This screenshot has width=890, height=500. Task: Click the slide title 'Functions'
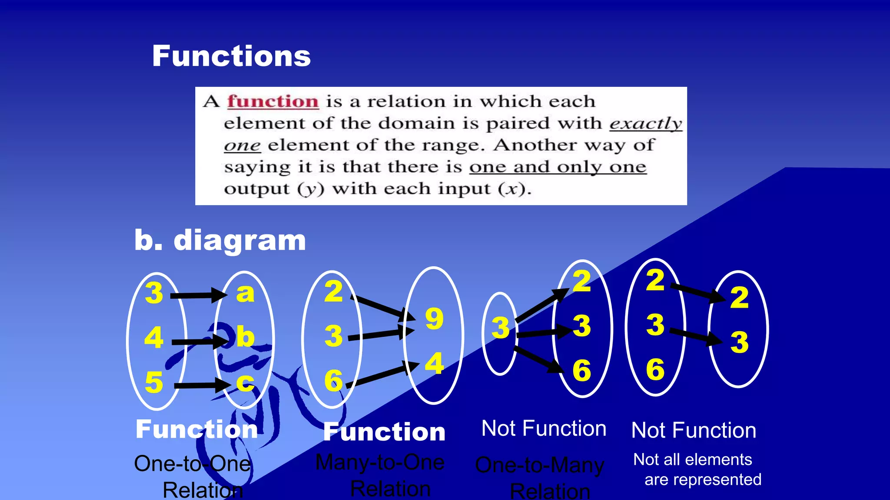point(231,56)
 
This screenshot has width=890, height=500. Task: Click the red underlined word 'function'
point(273,102)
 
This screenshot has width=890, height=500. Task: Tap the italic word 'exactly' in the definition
point(645,124)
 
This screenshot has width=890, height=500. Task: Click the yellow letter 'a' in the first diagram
point(245,293)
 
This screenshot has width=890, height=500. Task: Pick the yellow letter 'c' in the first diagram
point(245,383)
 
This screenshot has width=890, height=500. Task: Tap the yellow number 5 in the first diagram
point(154,383)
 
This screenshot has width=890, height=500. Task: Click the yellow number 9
point(434,319)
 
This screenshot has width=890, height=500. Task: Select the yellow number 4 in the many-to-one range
point(434,364)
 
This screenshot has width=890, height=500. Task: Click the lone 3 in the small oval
point(500,328)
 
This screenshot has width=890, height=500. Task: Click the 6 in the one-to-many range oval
point(581,371)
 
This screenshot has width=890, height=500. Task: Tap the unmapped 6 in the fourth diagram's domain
point(655,370)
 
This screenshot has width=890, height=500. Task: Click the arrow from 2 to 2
point(697,293)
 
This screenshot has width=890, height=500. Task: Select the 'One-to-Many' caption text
point(540,465)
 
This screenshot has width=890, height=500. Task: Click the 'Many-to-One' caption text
point(380,463)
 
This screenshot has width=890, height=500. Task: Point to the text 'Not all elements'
point(692,460)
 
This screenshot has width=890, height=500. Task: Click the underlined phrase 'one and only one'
point(558,167)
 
